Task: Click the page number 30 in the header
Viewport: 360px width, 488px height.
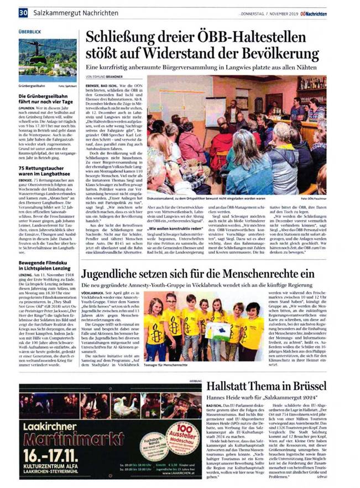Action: click(x=23, y=12)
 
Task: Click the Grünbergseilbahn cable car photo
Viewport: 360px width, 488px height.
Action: click(x=47, y=60)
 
